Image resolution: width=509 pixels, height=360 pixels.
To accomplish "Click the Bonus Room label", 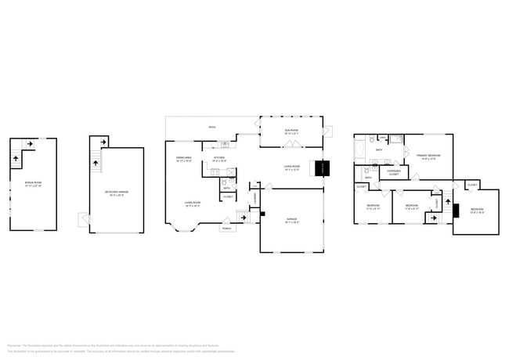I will tap(33, 185).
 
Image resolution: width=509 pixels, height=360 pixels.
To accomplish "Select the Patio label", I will tap(211, 128).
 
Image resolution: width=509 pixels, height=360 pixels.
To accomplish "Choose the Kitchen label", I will tap(219, 159).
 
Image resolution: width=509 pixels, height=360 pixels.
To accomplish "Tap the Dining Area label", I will tap(184, 159).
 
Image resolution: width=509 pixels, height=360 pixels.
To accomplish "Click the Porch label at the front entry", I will tap(226, 229).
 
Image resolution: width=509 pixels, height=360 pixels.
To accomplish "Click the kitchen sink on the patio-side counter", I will tap(223, 145).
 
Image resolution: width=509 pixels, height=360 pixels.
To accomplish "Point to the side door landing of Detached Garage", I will tap(83, 220).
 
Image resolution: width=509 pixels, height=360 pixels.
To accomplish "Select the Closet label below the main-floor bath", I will tap(227, 197).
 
